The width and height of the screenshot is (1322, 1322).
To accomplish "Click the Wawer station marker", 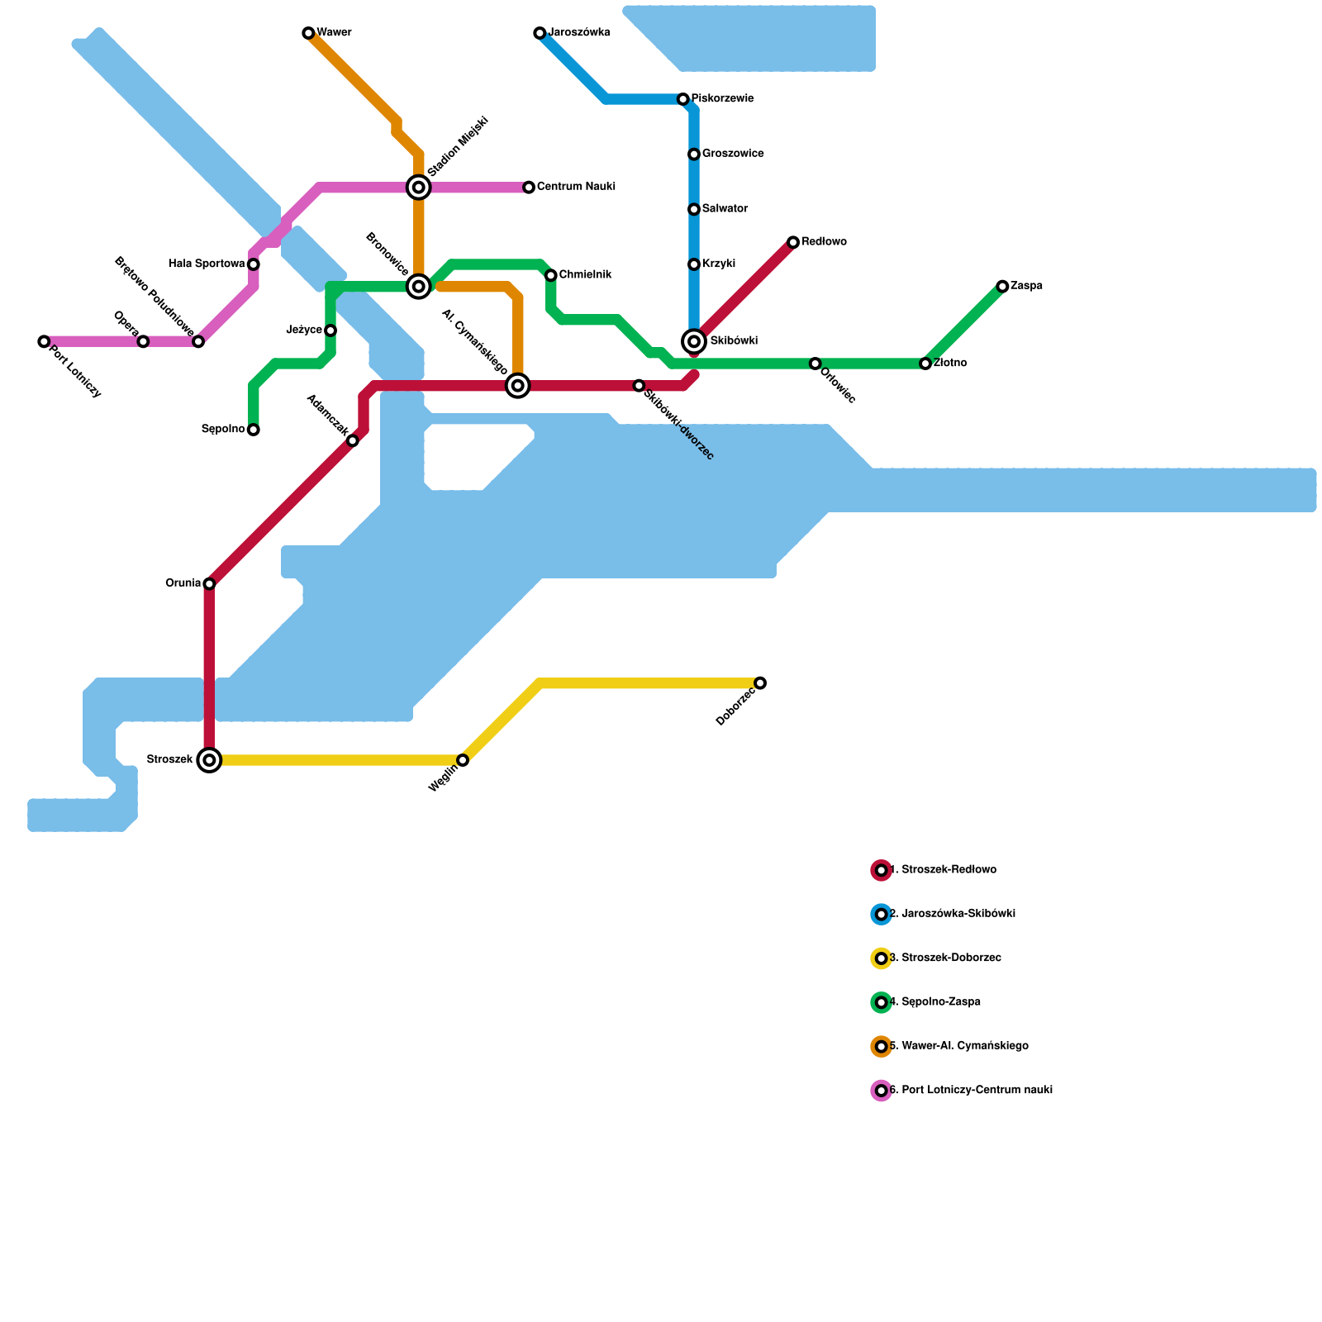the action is tap(308, 33).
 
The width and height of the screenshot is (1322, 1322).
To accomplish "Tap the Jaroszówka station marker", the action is tap(540, 33).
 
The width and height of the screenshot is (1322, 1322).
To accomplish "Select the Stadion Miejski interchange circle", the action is tap(419, 188).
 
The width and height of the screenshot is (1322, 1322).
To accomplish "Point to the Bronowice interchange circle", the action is tap(419, 287).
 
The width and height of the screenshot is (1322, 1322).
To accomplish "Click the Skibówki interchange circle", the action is tap(694, 341).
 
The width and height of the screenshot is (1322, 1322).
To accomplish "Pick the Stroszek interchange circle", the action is tap(210, 760).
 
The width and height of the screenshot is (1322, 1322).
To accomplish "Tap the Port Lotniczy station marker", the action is tap(44, 341).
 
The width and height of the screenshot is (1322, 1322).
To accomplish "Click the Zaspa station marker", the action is tap(1002, 287).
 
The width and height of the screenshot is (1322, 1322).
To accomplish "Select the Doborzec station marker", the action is tap(760, 682).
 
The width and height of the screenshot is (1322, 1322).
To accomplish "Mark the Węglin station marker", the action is tap(463, 760).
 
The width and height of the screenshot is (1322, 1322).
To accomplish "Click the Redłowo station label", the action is tap(824, 242).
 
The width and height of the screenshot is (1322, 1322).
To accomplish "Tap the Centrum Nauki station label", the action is tap(576, 188).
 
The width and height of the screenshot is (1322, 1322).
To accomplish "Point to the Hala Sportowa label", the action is tap(207, 264).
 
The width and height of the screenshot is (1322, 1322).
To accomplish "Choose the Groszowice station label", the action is tap(733, 155).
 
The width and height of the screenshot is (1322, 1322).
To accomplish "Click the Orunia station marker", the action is tap(209, 584).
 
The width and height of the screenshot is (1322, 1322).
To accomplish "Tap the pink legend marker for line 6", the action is tap(882, 1091).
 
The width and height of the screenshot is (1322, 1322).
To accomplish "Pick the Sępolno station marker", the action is tap(254, 430).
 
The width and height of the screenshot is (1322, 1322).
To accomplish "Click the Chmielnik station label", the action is tap(585, 275).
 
